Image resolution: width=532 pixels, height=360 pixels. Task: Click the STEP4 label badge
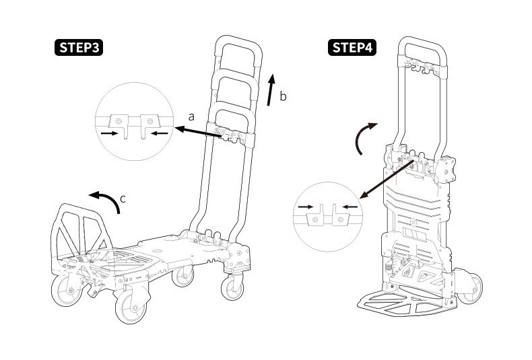pos(352,48)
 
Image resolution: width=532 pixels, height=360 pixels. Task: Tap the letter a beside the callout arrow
pos(191,116)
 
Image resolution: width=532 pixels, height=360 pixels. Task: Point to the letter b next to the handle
pos(283,96)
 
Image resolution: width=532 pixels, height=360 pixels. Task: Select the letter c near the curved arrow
pos(122,199)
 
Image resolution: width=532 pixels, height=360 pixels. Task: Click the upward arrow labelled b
pos(271,89)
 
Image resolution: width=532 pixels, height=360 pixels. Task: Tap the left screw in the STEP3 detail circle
pos(119,121)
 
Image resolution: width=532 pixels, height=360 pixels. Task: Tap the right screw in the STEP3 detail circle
pos(150,121)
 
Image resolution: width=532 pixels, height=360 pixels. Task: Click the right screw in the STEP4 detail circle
pos(341,219)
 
